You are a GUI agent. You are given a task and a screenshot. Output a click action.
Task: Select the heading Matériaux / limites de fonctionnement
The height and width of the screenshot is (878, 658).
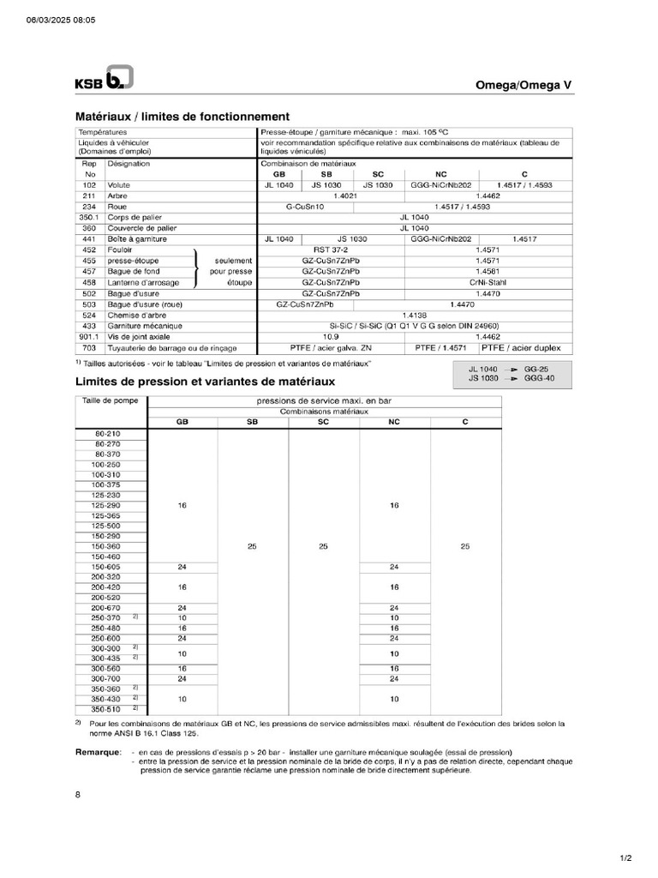click(182, 116)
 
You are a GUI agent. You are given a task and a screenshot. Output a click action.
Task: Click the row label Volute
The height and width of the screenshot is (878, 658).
click(118, 185)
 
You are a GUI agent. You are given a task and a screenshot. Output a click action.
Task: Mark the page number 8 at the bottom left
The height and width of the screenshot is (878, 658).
click(78, 795)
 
